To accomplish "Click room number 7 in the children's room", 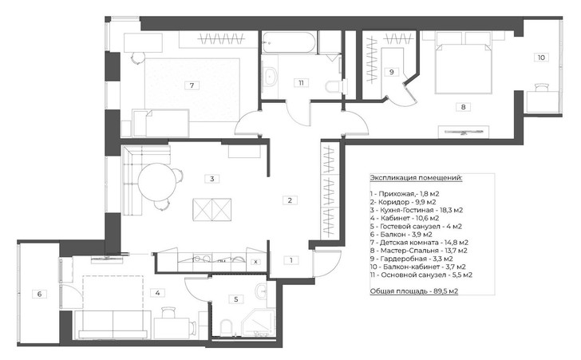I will point(192,85).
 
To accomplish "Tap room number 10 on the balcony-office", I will point(540,57).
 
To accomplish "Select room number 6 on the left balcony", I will point(38,295).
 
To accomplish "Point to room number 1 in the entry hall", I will point(291,260).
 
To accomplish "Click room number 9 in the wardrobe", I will point(391,72).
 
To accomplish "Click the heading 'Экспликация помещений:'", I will point(416,177).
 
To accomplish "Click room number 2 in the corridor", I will point(291,200).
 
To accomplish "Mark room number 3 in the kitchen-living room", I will point(211,179).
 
